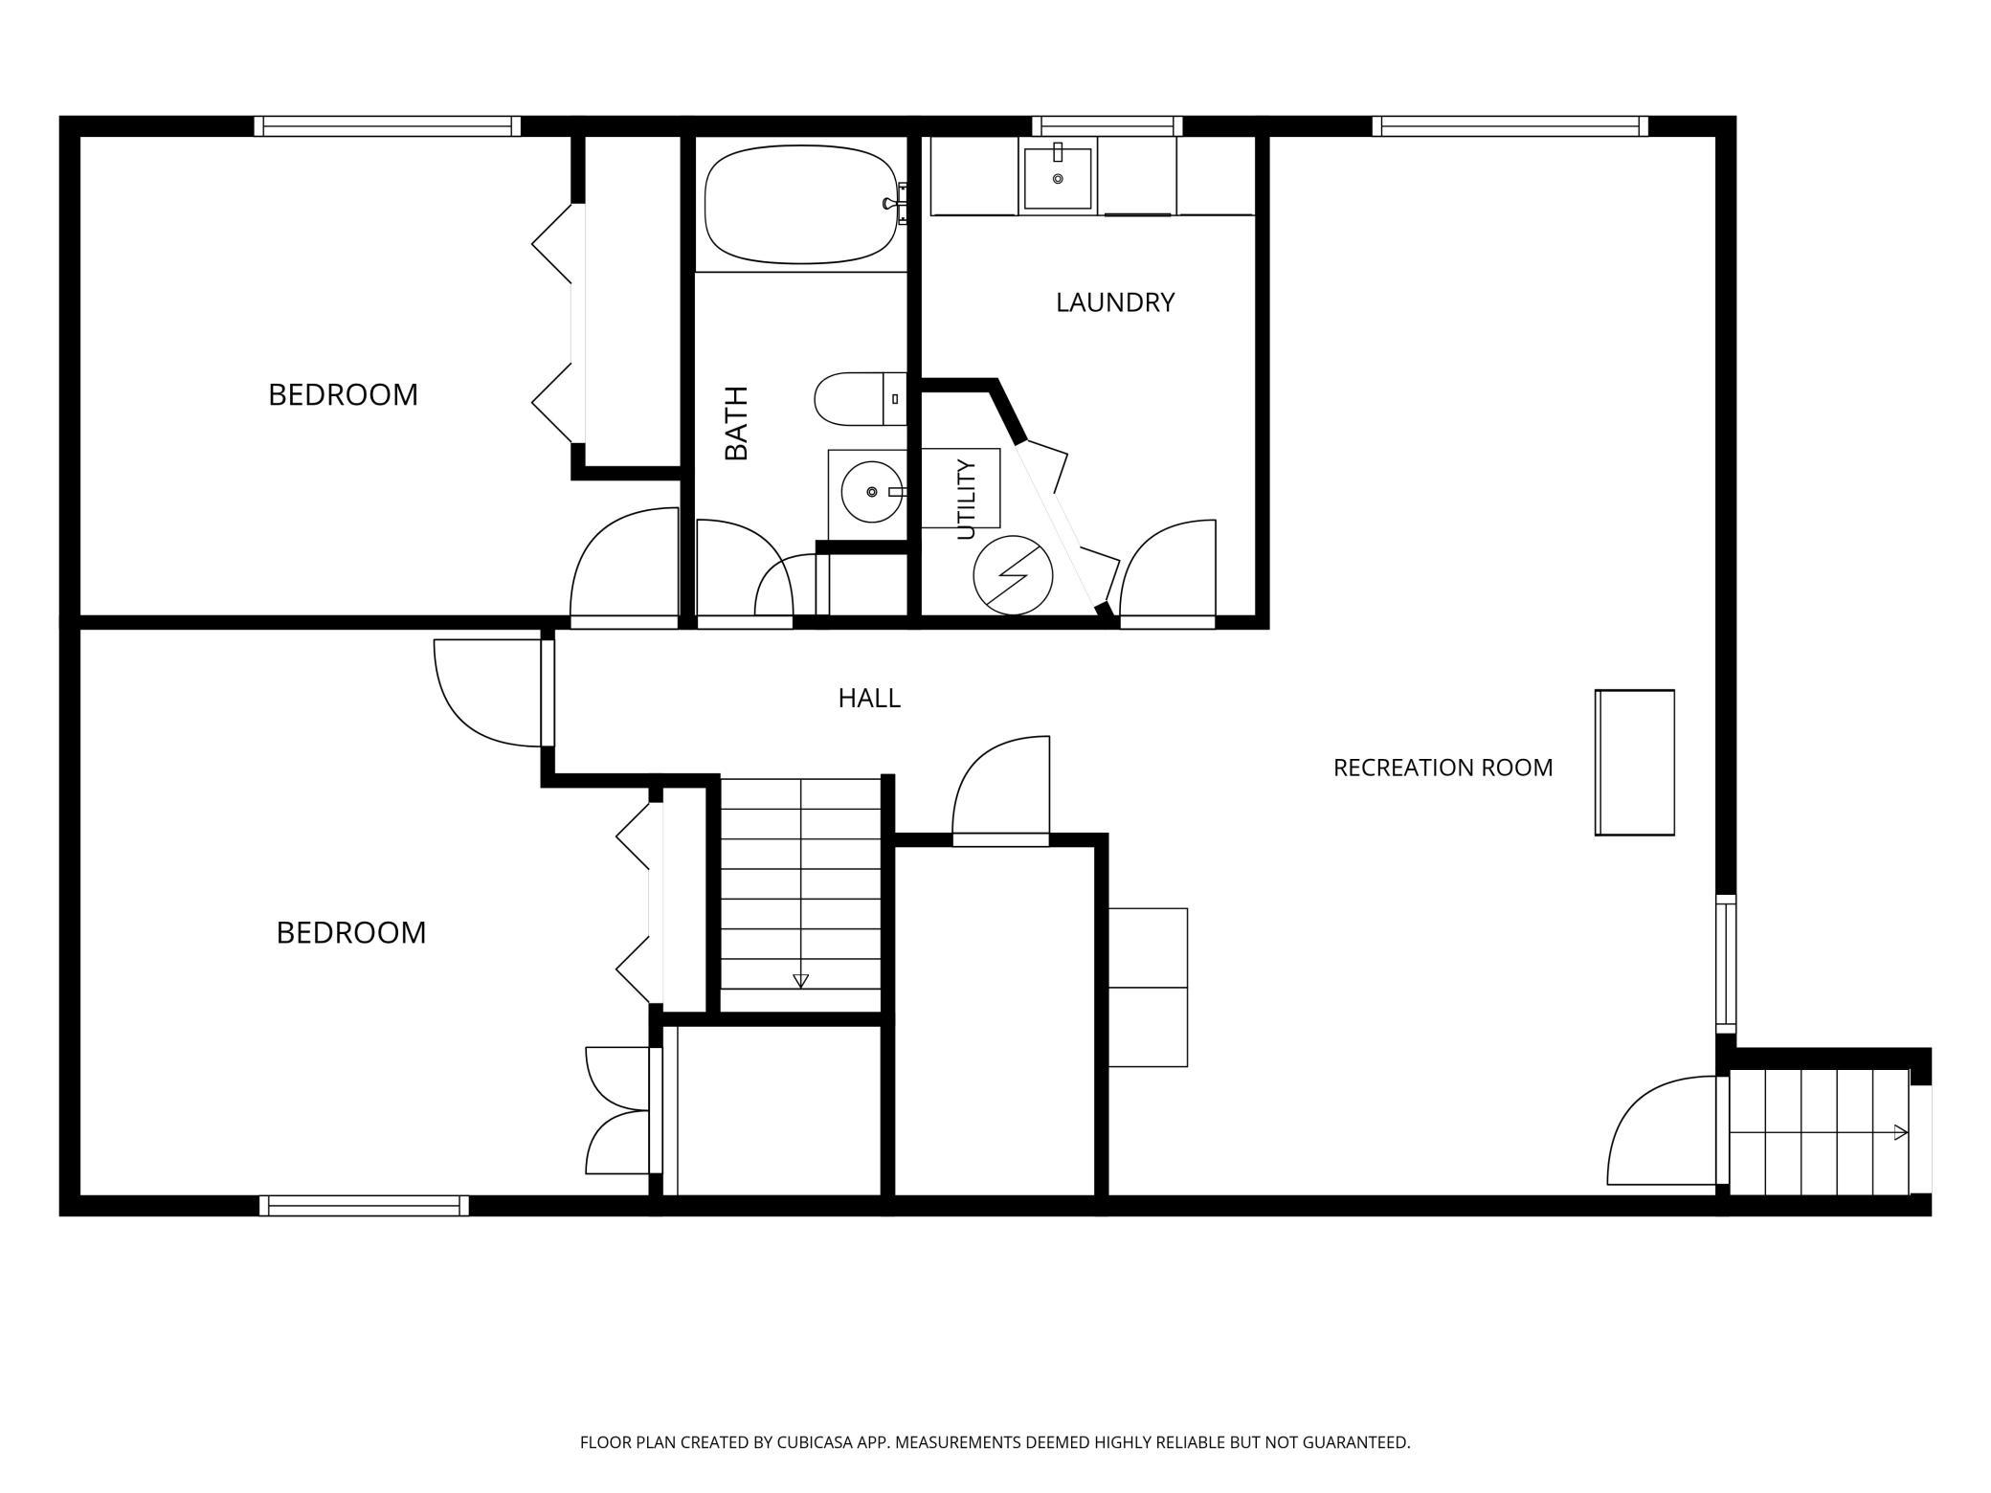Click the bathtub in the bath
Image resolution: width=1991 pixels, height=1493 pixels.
(x=802, y=204)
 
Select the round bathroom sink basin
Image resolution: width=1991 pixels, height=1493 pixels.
(x=872, y=491)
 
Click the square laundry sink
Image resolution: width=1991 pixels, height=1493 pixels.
(x=1058, y=178)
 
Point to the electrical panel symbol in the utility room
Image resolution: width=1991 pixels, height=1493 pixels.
(x=1013, y=575)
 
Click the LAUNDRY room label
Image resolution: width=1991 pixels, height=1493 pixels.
(x=1115, y=302)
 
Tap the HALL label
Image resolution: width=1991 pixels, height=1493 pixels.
(x=869, y=699)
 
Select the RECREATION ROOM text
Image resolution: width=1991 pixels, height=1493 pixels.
(x=1443, y=768)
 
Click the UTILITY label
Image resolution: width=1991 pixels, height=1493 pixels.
(x=966, y=500)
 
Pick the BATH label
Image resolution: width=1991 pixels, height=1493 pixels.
(x=736, y=423)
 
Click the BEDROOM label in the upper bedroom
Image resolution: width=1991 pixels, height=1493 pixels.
(x=343, y=394)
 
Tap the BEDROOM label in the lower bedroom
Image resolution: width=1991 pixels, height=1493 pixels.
(x=351, y=932)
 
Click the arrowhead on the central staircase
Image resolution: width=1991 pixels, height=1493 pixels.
(x=801, y=981)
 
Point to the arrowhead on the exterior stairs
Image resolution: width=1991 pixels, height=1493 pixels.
(x=1901, y=1133)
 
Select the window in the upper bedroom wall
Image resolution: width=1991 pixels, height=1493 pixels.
(x=388, y=126)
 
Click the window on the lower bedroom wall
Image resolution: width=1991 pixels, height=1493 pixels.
(x=364, y=1206)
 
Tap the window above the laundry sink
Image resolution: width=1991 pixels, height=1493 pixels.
(x=1107, y=126)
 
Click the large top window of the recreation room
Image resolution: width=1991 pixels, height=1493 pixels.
(x=1510, y=126)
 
